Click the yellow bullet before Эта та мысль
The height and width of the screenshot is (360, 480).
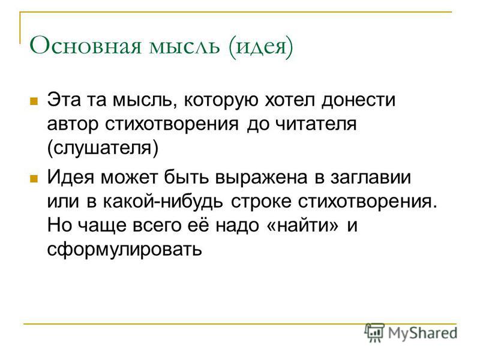34,100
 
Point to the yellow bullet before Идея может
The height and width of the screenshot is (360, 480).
34,177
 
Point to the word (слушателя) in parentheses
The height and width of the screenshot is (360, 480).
102,148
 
